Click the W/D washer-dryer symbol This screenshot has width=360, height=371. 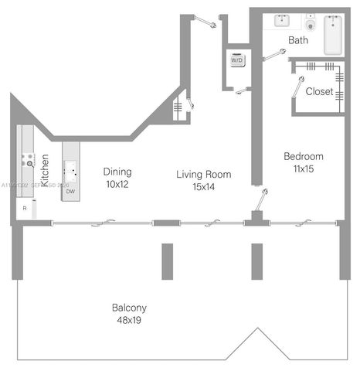click(236, 61)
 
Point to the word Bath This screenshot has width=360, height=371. click(299, 40)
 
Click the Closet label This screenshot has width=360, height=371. click(319, 91)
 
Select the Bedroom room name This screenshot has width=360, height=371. click(303, 156)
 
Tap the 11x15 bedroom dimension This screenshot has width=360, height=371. click(303, 168)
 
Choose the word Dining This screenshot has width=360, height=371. click(117, 172)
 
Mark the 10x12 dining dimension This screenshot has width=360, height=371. click(117, 185)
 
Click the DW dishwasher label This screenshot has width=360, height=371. click(70, 191)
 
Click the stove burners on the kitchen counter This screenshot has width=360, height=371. click(28, 160)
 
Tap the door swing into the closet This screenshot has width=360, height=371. click(298, 87)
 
